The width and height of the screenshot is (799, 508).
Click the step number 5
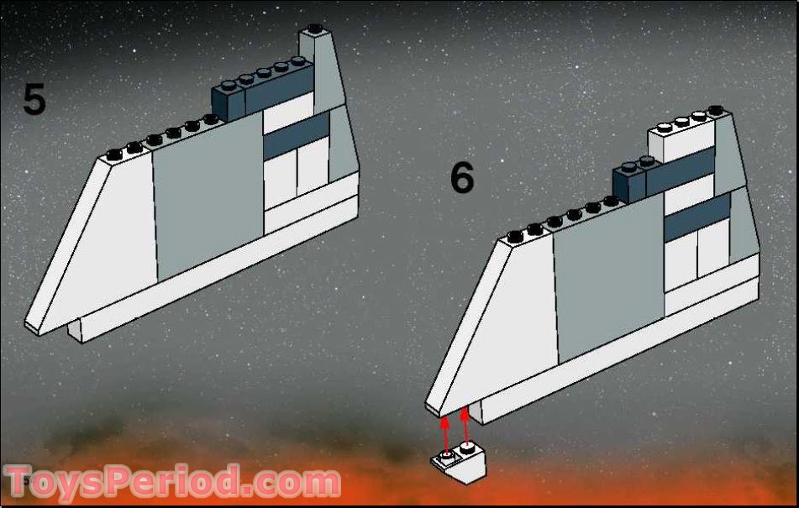[34, 100]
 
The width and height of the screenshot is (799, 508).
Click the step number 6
[462, 177]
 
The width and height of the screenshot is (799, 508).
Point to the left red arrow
[445, 435]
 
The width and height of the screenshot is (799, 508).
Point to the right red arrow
[465, 427]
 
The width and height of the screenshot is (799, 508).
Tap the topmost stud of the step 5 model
[315, 28]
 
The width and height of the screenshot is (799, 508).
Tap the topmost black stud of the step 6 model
[716, 109]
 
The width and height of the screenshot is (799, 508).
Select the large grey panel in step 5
[208, 196]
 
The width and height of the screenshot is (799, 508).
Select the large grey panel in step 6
[609, 277]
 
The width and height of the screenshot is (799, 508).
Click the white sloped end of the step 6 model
[492, 326]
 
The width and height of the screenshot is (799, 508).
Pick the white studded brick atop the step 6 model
[681, 138]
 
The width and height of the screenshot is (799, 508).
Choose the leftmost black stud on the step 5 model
[114, 154]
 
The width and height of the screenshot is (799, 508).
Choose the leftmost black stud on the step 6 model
[516, 237]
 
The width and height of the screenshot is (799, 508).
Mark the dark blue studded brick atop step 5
[262, 91]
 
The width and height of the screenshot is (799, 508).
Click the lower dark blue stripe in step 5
[296, 135]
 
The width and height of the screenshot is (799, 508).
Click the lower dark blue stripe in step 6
[697, 217]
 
